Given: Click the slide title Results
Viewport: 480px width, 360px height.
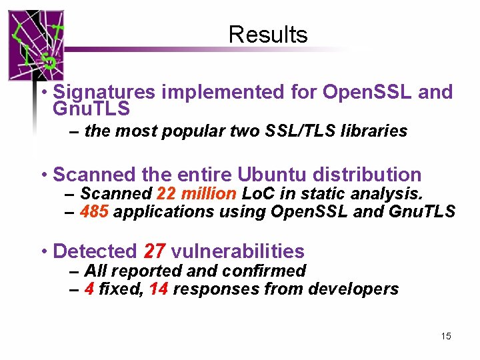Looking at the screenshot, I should click(x=268, y=35).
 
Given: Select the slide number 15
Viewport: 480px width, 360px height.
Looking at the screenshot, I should click(x=446, y=336).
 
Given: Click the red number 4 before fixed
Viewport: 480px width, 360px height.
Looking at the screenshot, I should click(x=89, y=289).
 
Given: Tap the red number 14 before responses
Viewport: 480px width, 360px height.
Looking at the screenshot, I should click(x=158, y=289).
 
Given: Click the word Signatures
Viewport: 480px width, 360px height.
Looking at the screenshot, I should click(x=104, y=92).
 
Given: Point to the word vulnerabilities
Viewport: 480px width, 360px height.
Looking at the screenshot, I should click(x=237, y=251).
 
